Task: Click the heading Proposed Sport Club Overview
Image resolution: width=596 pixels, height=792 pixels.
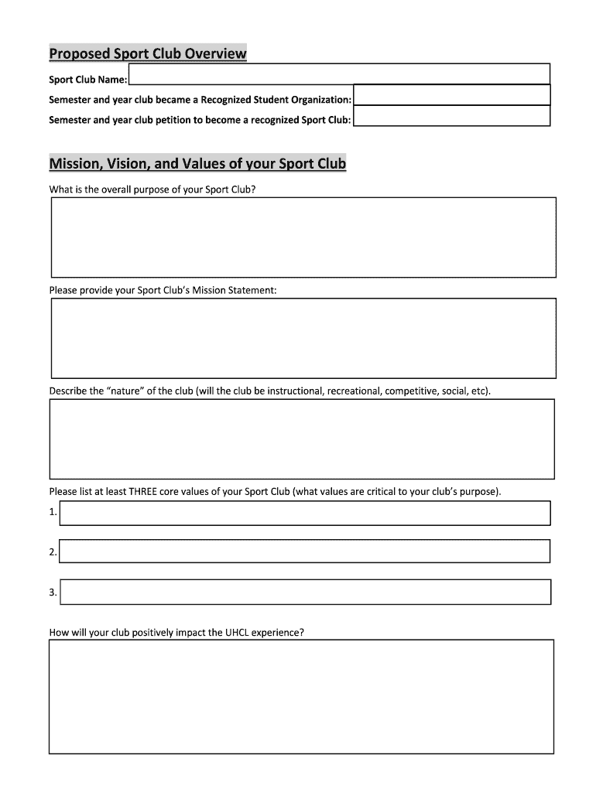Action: coord(148,53)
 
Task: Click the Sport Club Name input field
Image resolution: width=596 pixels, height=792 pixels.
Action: coord(339,74)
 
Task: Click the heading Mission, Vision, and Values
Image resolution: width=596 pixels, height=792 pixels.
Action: coord(197,164)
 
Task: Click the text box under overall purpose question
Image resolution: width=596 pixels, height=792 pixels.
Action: coord(303,237)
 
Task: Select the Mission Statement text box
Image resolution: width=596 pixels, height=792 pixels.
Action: coord(303,338)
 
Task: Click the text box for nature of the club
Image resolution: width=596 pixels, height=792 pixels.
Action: coord(302,439)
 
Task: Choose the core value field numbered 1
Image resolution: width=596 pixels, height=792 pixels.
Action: coord(305,513)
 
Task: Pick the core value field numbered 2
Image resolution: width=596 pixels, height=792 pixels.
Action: coord(305,551)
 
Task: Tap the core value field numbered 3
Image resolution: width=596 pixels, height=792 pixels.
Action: coord(305,592)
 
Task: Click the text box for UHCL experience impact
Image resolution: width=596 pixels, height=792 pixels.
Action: coord(302,696)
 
